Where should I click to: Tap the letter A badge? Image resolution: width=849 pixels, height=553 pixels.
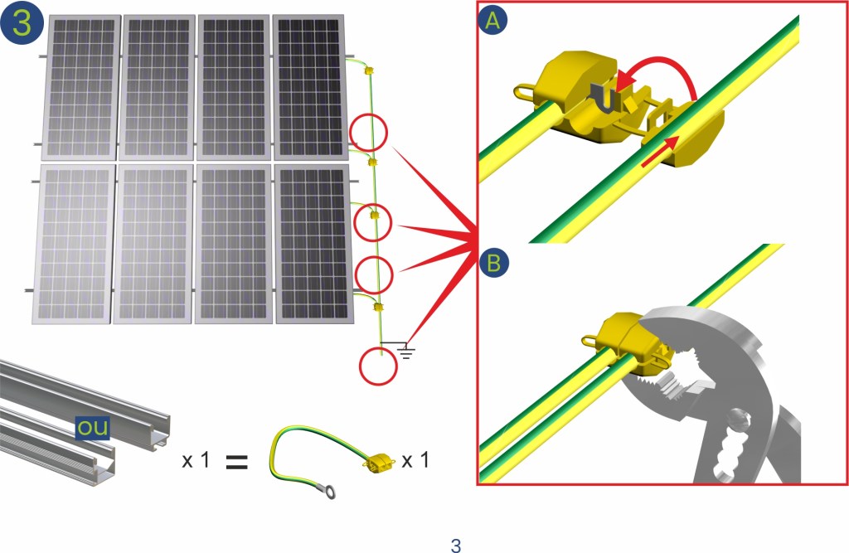(x=492, y=21)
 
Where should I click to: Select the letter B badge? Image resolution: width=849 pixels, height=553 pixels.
(x=494, y=263)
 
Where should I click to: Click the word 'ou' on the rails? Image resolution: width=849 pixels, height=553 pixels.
(x=93, y=428)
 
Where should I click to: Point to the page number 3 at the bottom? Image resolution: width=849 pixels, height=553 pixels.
(x=456, y=545)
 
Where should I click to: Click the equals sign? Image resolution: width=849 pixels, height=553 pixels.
(x=236, y=462)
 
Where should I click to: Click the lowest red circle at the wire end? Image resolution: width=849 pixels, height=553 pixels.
(x=378, y=366)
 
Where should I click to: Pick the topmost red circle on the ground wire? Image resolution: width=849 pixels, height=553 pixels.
(x=369, y=132)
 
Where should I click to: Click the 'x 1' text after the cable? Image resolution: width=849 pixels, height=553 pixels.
(x=415, y=460)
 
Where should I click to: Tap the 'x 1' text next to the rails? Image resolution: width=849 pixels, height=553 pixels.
(x=196, y=460)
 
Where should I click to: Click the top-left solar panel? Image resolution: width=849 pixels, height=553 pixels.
(x=81, y=87)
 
